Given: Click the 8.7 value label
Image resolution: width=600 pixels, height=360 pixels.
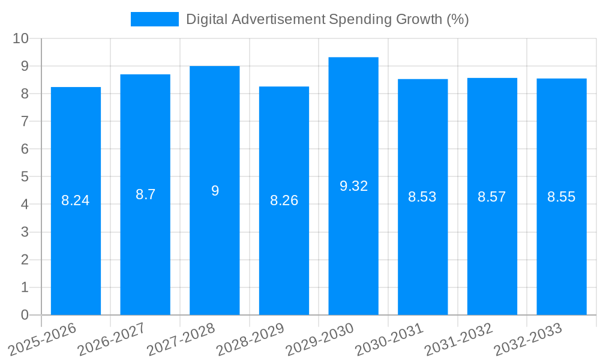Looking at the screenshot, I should pos(145,194).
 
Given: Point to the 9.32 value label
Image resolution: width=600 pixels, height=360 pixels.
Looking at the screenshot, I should pos(353,186).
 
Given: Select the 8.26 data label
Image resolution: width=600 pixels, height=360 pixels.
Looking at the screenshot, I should pos(284,200).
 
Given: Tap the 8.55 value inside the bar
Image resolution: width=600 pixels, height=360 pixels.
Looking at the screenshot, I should pos(561,197).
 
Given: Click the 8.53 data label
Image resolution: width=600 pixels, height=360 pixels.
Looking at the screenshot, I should pos(422,197).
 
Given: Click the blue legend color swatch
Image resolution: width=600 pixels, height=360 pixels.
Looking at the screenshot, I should pos(155,19).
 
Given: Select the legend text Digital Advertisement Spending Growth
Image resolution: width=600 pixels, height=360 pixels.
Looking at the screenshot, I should pos(327,19).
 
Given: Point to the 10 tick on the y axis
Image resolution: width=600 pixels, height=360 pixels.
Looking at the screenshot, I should pos(20,38).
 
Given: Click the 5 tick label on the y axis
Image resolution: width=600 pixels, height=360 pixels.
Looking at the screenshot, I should pos(25,177).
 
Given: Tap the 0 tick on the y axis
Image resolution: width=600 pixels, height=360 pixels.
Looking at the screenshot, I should pos(25,315).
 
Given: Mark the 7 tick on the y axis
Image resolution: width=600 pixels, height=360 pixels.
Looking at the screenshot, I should pos(25,121).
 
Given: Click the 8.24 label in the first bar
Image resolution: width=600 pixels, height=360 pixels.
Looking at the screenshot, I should pos(76,200).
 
